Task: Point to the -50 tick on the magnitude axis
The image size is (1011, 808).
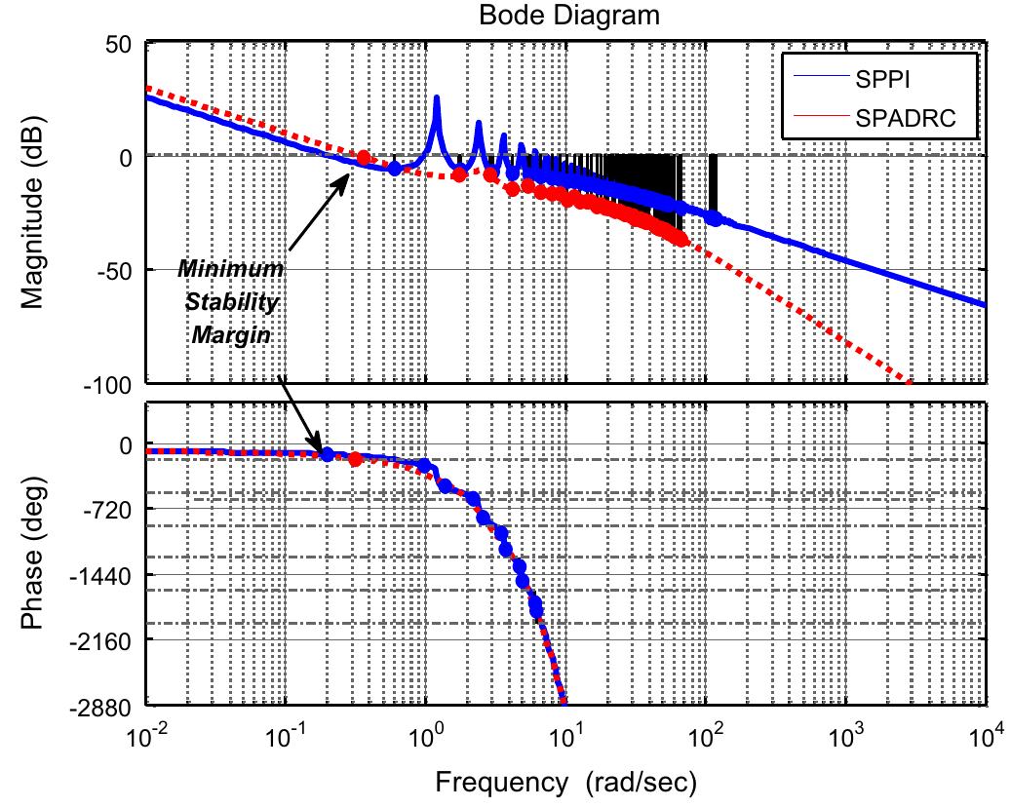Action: point(121,270)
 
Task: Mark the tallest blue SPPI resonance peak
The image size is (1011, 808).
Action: point(436,97)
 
